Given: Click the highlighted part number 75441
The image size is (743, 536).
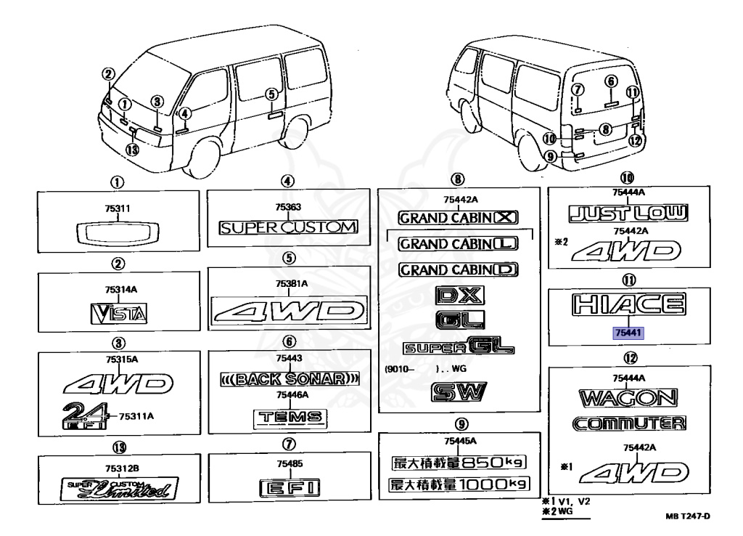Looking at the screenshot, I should [628, 332].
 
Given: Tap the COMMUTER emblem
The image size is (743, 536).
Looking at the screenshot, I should [628, 423].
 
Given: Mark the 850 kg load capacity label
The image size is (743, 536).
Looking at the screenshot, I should [457, 463].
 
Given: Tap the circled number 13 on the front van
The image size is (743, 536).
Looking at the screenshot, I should [132, 150].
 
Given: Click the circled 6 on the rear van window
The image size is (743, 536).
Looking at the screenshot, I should [610, 81].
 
